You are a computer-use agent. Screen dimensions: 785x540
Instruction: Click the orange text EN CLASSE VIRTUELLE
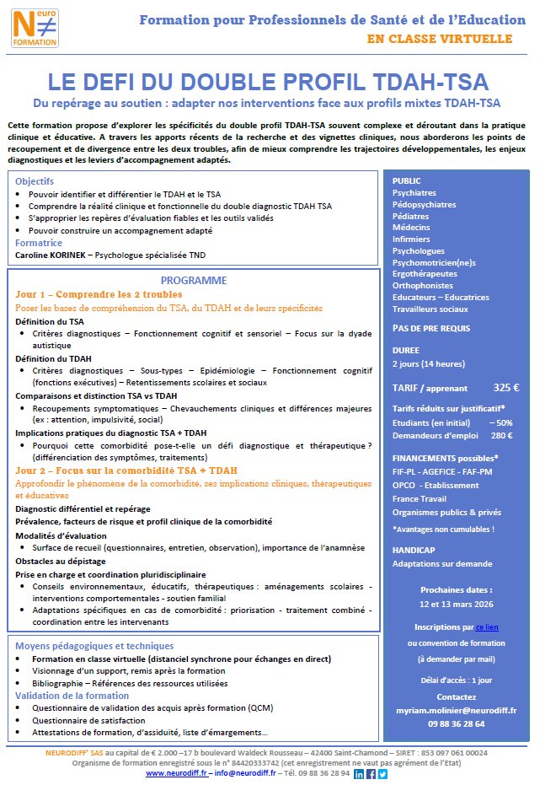(439, 39)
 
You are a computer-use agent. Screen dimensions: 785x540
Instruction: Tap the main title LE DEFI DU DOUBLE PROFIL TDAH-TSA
(269, 82)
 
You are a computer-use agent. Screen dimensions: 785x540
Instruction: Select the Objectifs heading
(34, 181)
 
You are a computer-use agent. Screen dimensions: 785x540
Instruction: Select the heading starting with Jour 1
(99, 294)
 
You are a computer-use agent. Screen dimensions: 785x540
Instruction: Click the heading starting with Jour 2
(126, 470)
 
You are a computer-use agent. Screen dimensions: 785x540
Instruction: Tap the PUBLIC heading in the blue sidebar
(408, 180)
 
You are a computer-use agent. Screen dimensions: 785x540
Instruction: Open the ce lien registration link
(486, 627)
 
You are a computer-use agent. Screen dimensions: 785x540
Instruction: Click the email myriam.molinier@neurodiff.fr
(456, 710)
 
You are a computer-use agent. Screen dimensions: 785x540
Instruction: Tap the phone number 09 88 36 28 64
(456, 723)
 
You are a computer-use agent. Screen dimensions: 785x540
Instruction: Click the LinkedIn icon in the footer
(360, 773)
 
